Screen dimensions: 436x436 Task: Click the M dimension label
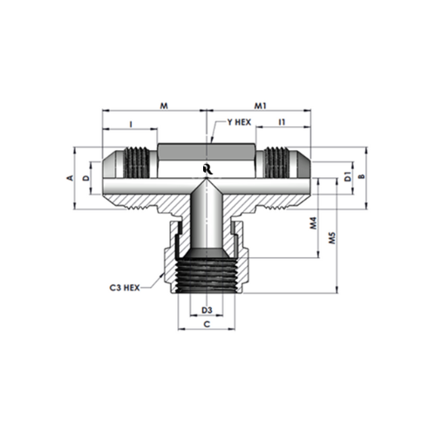point(164,106)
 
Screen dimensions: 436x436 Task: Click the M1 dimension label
point(261,106)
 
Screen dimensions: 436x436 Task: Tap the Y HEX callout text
point(239,122)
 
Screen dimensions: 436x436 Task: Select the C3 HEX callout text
point(125,288)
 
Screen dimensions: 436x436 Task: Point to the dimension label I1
point(282,122)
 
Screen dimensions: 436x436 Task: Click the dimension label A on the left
point(70,178)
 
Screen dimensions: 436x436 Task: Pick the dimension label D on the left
point(85,178)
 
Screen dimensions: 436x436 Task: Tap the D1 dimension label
point(348,176)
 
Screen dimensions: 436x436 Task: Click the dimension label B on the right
point(362,176)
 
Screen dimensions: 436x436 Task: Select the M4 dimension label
point(313,223)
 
